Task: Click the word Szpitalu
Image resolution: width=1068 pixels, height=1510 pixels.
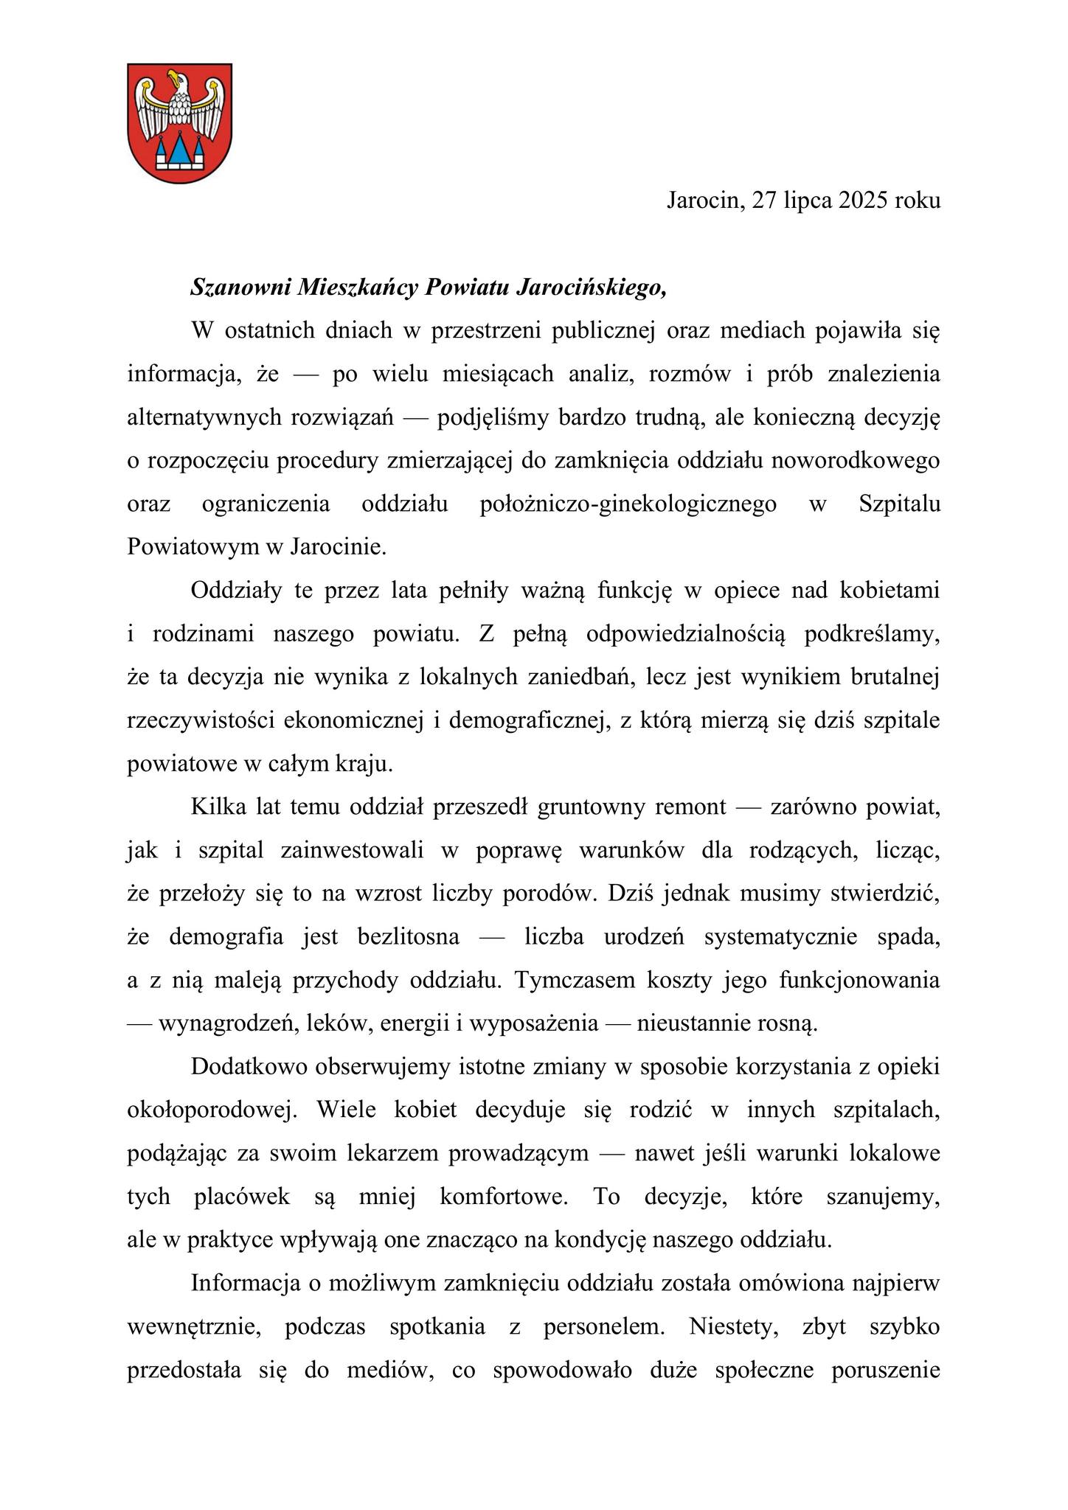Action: click(899, 504)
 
